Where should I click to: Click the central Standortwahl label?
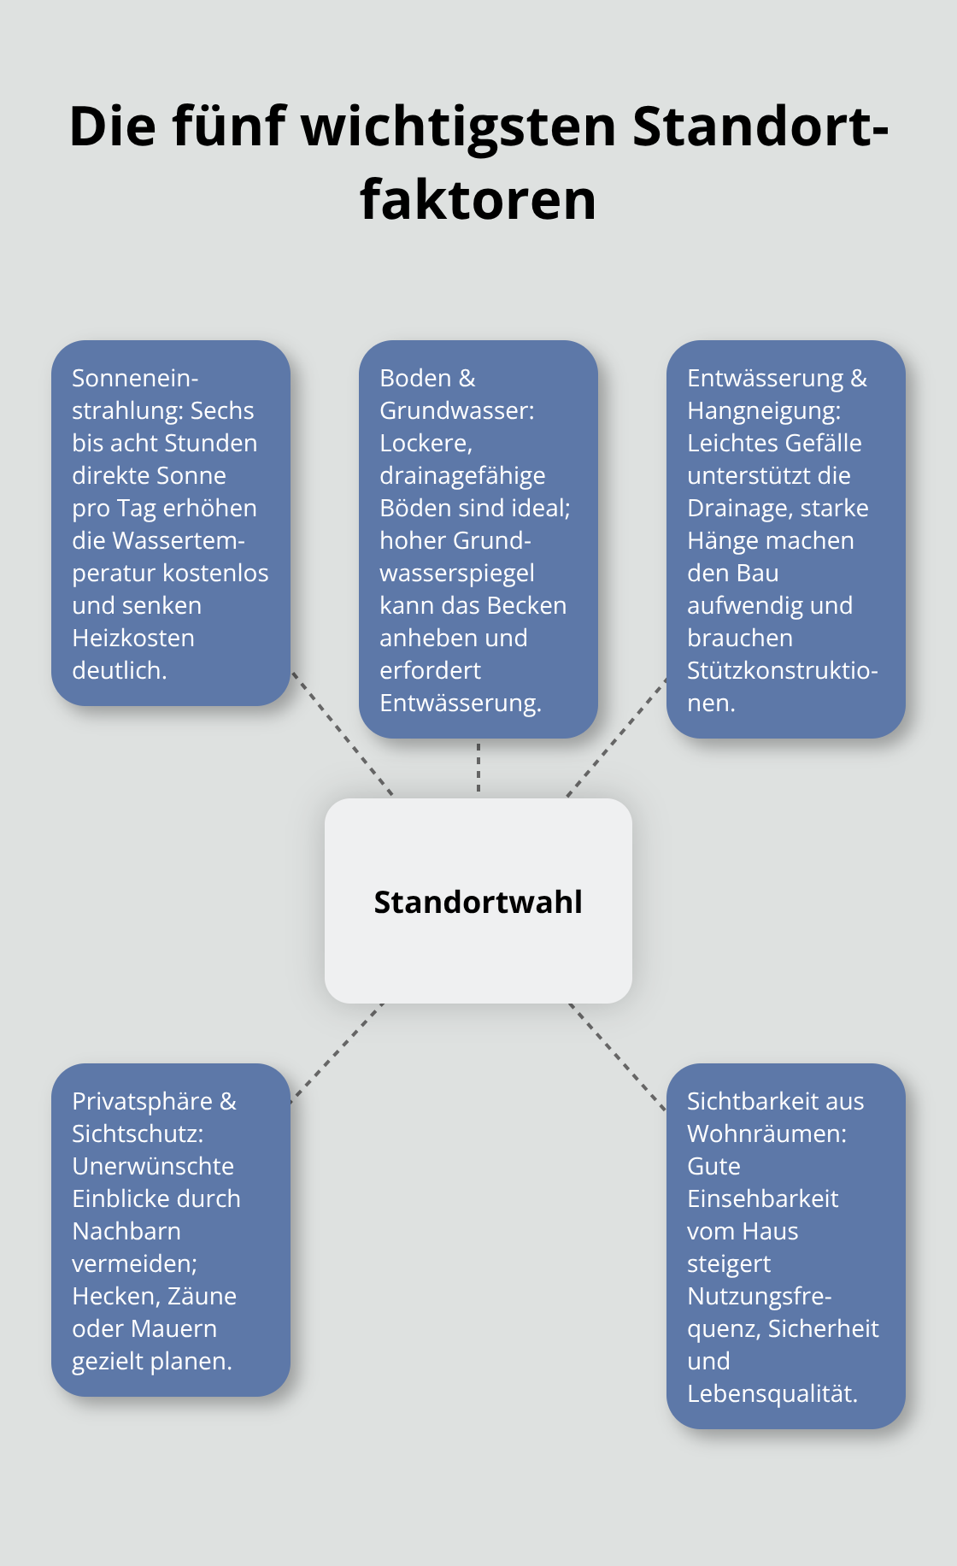tap(478, 902)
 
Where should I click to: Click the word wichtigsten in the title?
tap(459, 127)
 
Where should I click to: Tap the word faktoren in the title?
tap(478, 200)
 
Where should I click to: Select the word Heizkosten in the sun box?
tap(133, 638)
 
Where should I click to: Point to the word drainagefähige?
tap(462, 475)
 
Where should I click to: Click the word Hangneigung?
tap(761, 410)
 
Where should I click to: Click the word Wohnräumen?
tap(765, 1133)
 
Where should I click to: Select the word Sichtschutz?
tap(137, 1133)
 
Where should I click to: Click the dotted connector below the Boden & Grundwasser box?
tap(478, 768)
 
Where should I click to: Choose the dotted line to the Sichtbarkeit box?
tap(617, 1057)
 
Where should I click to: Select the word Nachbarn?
tap(126, 1231)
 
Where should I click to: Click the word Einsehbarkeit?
tap(763, 1198)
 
